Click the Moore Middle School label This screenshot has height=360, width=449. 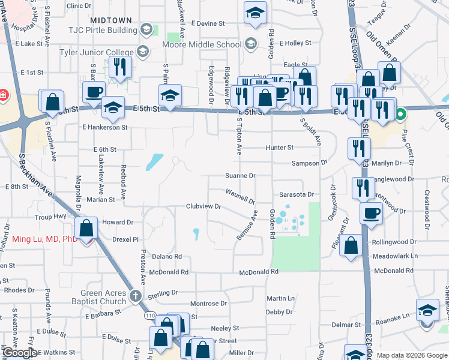202,44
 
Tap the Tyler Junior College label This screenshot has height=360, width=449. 96,52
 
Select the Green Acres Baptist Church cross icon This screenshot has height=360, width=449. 136,295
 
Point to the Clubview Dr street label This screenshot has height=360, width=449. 203,206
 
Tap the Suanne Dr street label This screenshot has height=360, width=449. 240,176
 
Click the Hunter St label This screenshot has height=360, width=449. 281,148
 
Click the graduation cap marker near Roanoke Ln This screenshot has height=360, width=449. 427,310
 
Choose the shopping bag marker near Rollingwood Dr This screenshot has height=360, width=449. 351,244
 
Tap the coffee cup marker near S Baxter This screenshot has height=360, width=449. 94,92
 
